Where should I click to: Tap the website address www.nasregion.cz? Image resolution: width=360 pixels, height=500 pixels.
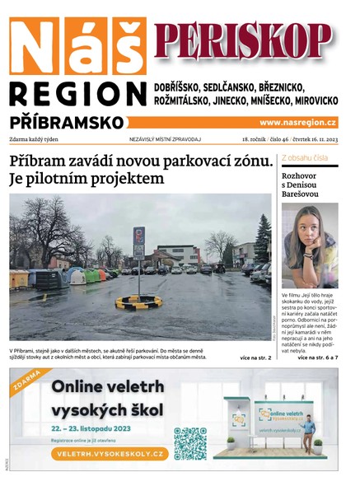298,122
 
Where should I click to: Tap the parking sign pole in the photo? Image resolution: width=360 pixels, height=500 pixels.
138,264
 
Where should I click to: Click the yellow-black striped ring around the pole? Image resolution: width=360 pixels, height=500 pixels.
138,302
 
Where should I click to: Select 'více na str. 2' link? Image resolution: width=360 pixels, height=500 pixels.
255,358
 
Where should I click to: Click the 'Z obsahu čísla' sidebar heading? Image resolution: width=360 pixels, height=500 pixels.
305,157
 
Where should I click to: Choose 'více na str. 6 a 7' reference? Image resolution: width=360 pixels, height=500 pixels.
317,358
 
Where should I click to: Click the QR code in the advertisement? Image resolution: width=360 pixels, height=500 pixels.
190,442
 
